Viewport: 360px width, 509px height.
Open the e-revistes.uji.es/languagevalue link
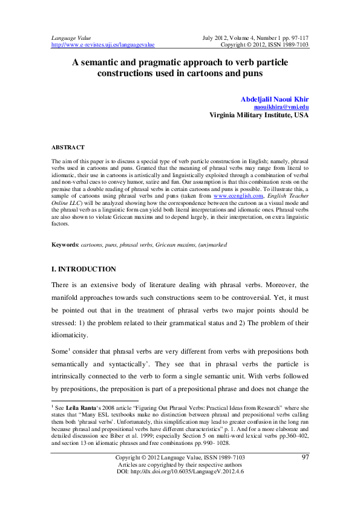click(103, 45)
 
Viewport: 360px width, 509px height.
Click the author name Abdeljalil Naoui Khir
click(275, 98)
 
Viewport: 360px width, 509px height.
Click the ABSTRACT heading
click(68, 148)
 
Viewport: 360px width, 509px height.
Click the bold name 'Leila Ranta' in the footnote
click(82, 408)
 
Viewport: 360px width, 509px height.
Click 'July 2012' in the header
click(216, 37)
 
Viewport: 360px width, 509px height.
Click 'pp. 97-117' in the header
click(294, 37)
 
